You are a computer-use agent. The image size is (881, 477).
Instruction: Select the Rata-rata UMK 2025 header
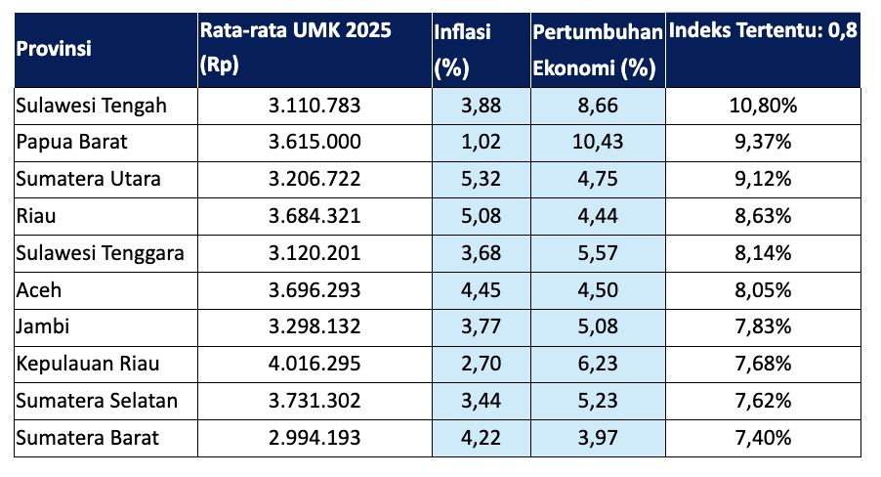pos(295,48)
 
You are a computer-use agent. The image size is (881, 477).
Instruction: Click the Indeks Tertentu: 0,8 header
pos(763,31)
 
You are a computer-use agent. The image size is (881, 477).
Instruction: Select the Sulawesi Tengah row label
pos(93,106)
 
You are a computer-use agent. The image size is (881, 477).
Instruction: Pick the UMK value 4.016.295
pos(315,365)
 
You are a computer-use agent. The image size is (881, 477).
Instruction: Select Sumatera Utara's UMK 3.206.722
pos(315,180)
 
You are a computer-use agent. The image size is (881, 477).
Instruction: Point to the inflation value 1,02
pos(481,143)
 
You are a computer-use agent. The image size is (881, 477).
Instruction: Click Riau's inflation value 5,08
pos(481,217)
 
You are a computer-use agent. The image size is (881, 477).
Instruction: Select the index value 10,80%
pos(764,106)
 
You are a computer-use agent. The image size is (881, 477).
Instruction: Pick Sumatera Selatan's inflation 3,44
pos(481,402)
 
